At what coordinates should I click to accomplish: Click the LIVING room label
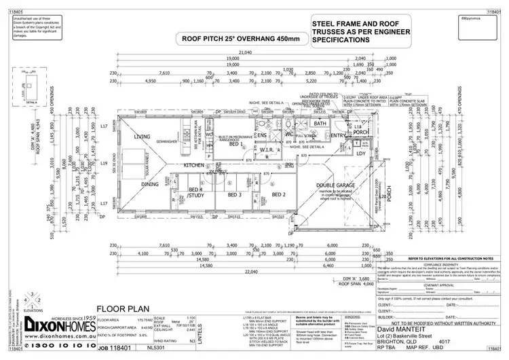[x=142, y=137]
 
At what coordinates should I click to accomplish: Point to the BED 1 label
[x=236, y=145]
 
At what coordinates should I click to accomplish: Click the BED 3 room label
[x=235, y=194]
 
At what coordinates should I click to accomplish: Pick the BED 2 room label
[x=279, y=194]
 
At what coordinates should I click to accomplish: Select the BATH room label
[x=320, y=124]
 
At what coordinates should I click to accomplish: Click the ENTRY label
[x=337, y=136]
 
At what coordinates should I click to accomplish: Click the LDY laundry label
[x=360, y=154]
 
